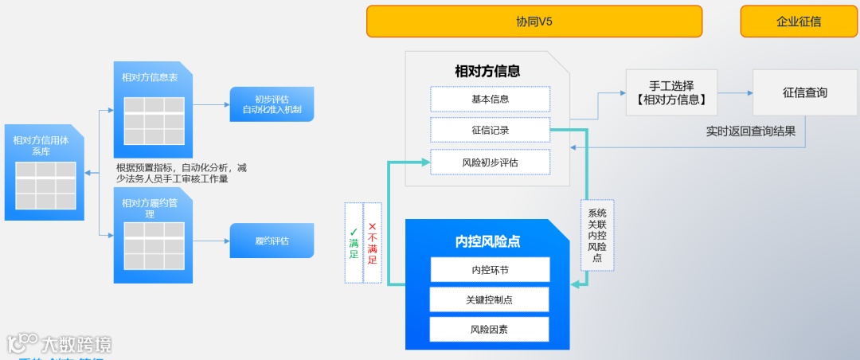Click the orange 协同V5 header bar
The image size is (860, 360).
click(534, 22)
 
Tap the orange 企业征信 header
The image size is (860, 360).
click(798, 22)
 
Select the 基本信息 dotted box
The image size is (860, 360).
click(490, 99)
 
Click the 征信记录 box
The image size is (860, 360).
click(490, 130)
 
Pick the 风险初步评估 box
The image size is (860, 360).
click(490, 162)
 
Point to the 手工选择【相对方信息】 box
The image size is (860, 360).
click(671, 92)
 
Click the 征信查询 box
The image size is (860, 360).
click(804, 92)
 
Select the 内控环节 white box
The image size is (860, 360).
click(490, 269)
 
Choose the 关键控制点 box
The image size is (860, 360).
click(490, 299)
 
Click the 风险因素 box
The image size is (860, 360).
click(490, 329)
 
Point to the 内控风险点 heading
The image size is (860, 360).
click(487, 241)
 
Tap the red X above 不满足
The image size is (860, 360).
click(372, 227)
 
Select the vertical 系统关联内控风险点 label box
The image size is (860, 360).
click(597, 235)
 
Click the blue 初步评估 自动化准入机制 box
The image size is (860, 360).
click(272, 104)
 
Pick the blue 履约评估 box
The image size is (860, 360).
click(272, 241)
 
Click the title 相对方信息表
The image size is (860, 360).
click(150, 77)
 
